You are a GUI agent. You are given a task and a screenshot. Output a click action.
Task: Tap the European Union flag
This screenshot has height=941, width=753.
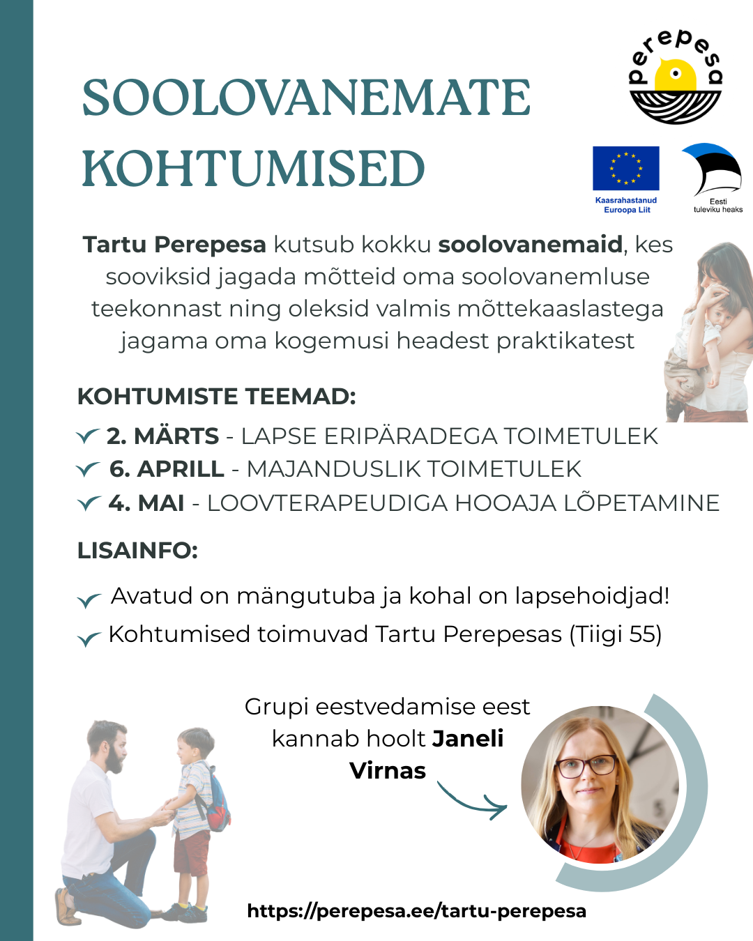[x=625, y=168]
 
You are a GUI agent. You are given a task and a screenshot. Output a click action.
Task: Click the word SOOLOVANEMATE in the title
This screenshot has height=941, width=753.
[x=306, y=98]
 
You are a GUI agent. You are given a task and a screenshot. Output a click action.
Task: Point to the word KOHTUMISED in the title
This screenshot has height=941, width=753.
[x=253, y=169]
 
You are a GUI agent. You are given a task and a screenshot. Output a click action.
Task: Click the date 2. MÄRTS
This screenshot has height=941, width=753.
[x=162, y=436]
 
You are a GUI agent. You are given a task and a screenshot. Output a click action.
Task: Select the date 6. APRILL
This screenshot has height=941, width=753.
[x=167, y=469]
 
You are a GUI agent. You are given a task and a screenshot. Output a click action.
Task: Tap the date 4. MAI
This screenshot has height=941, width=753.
[x=146, y=503]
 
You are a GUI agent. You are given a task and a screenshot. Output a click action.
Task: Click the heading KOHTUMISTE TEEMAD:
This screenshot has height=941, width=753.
[x=216, y=397]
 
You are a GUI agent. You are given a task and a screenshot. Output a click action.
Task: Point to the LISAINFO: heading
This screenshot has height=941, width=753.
[x=137, y=551]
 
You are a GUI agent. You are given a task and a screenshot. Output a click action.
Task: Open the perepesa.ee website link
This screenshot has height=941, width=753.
[x=416, y=911]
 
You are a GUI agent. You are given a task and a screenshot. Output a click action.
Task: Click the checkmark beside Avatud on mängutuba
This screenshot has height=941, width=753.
[x=89, y=599]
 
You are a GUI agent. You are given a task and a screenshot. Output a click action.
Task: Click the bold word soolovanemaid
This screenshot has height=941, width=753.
[x=530, y=245]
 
